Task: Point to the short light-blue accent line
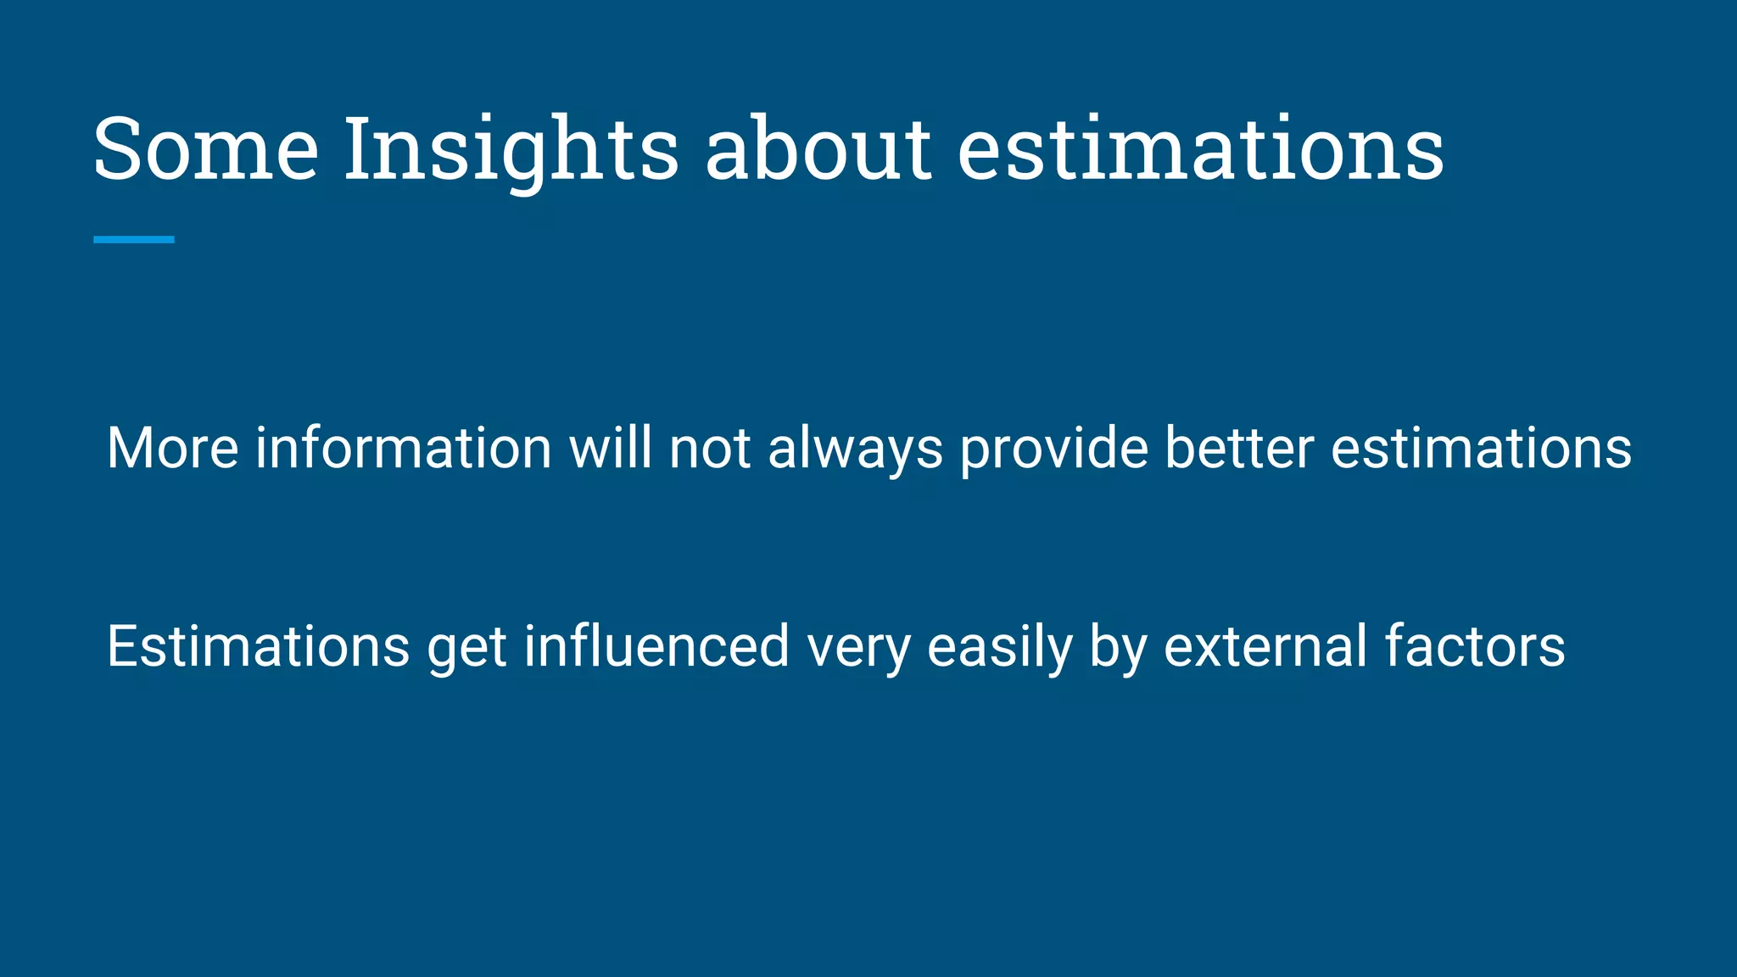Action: coord(134,240)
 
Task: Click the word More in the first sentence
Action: coord(172,448)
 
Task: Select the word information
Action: coord(404,448)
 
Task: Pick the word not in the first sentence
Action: coord(710,448)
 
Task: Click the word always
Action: coord(855,449)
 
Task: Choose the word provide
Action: coord(1053,449)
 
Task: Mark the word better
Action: coord(1239,448)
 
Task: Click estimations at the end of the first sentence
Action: coord(1481,448)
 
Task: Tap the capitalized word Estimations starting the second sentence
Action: coord(259,647)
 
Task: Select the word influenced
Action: coord(656,647)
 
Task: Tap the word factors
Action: coord(1475,647)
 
